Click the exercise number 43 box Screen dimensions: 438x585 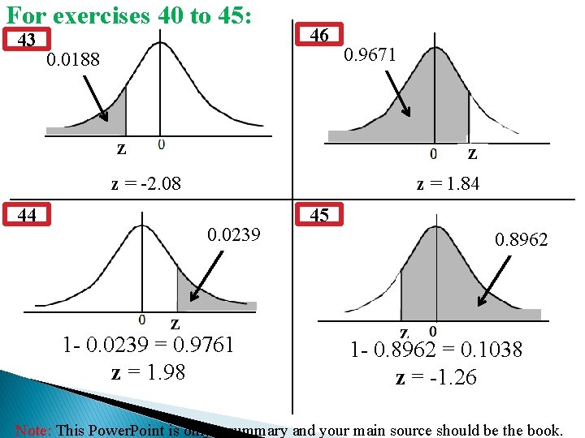(x=27, y=40)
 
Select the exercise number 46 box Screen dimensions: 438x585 (x=319, y=35)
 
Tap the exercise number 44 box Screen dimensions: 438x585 (x=27, y=215)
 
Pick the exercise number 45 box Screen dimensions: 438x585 (x=319, y=216)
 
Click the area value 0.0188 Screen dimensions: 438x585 (x=73, y=60)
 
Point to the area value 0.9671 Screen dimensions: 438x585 (x=370, y=55)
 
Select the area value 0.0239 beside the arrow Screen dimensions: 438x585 (x=234, y=235)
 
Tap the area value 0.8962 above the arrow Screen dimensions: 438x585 (x=522, y=240)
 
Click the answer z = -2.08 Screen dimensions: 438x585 (x=145, y=184)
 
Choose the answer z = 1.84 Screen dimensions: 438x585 (x=448, y=184)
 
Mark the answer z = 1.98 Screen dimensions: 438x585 (x=148, y=372)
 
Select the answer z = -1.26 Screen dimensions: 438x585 (x=436, y=378)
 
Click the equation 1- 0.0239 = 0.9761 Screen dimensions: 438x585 (x=149, y=345)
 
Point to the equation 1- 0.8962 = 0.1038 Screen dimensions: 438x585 (x=436, y=350)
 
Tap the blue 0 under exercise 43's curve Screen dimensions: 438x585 (x=161, y=144)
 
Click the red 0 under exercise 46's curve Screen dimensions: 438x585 (x=433, y=152)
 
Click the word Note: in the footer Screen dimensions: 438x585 (x=32, y=430)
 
